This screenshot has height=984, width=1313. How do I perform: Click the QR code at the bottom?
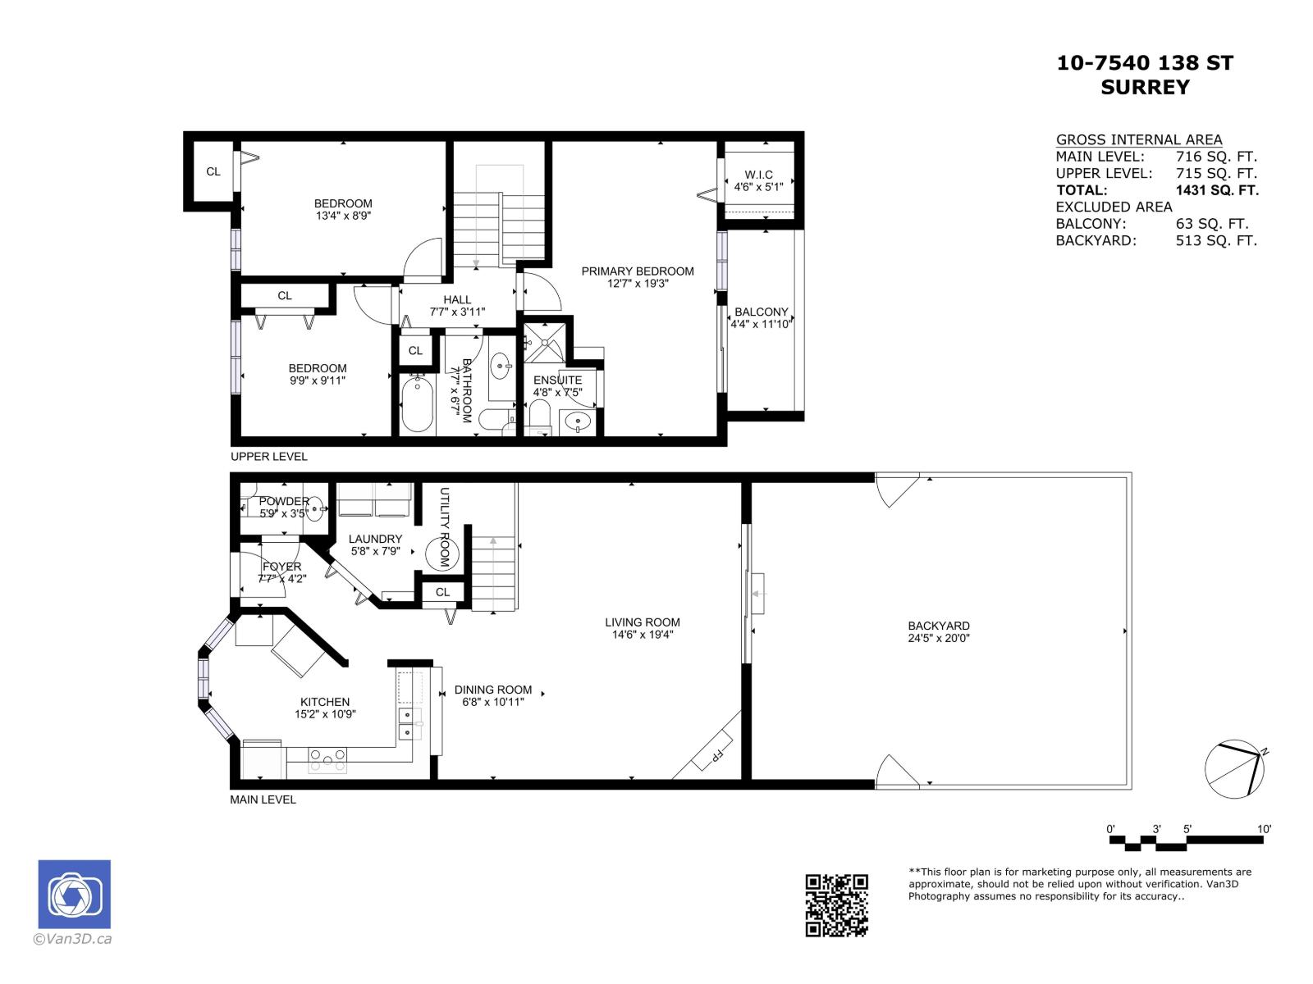pos(836,904)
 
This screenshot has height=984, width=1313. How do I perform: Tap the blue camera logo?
pos(74,895)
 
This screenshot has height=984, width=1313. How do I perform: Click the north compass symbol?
pos(1234,769)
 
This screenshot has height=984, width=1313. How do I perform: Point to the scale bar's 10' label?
pos(1264,829)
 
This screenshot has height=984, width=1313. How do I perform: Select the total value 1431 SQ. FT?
pos(1216,190)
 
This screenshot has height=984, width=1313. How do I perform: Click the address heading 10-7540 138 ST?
pos(1145,63)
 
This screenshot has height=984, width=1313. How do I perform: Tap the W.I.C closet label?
pos(758,175)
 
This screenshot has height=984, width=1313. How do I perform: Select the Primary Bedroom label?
pos(638,271)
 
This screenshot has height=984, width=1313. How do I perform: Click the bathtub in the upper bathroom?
pos(417,404)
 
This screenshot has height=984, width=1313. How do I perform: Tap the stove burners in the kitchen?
pos(327,760)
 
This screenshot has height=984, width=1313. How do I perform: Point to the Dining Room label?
pos(492,690)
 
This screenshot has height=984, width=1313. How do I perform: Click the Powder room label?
pos(284,501)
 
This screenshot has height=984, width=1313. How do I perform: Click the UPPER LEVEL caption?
pos(269,457)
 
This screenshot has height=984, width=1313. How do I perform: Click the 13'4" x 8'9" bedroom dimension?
pos(343,216)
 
